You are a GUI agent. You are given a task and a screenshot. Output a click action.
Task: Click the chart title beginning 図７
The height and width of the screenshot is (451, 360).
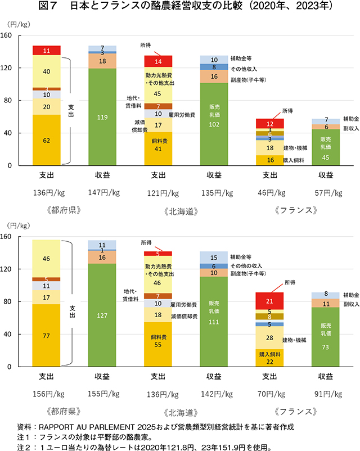[x=180, y=7]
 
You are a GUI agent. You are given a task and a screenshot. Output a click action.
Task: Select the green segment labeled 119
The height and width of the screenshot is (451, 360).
[x=102, y=117]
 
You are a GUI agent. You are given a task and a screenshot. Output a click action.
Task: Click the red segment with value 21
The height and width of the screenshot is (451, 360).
[x=271, y=301]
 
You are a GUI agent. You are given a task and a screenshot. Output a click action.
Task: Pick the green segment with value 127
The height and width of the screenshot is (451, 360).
[x=102, y=315]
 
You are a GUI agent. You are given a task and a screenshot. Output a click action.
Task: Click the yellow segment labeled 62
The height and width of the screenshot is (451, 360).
[x=47, y=140]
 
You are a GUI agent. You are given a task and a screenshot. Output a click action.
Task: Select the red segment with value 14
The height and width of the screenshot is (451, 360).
[x=159, y=61]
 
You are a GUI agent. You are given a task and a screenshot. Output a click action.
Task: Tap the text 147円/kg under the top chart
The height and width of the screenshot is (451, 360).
[x=102, y=193]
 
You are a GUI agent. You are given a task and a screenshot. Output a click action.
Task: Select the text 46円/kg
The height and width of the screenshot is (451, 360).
[x=271, y=193]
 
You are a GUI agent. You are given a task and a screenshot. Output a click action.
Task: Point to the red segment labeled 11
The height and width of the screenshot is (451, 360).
[x=47, y=51]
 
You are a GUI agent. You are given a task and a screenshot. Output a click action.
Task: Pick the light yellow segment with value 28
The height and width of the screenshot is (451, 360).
[x=271, y=337]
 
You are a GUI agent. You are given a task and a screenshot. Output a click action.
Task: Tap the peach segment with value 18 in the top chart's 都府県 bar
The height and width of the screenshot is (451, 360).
[x=102, y=61]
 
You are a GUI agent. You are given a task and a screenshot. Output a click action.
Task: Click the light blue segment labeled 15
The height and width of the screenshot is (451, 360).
[x=214, y=257]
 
